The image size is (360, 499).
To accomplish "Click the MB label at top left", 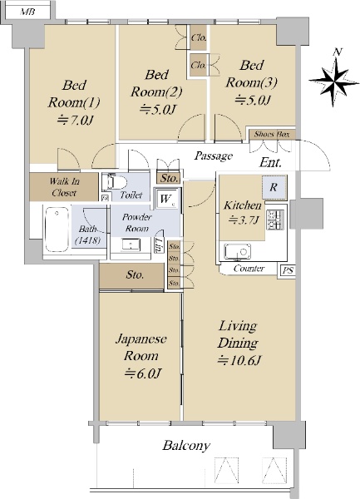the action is pyautogui.click(x=27, y=12).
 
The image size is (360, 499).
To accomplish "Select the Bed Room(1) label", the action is pyautogui.click(x=74, y=93).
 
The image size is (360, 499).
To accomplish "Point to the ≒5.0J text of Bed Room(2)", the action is pyautogui.click(x=158, y=110).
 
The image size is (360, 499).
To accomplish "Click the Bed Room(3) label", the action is pyautogui.click(x=251, y=74).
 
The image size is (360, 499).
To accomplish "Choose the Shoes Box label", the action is pyautogui.click(x=272, y=134).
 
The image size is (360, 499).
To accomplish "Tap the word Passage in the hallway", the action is pyautogui.click(x=214, y=156).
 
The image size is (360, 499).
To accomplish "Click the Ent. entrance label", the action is pyautogui.click(x=271, y=162).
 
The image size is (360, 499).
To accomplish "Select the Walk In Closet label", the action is pyautogui.click(x=64, y=187).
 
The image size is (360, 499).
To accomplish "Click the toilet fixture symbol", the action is pyautogui.click(x=114, y=182).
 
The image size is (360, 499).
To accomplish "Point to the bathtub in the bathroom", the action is pyautogui.click(x=57, y=230).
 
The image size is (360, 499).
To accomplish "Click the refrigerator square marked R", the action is pyautogui.click(x=274, y=187).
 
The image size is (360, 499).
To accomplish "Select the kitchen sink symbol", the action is pyautogui.click(x=237, y=252).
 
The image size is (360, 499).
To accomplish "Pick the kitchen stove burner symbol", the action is pyautogui.click(x=274, y=220).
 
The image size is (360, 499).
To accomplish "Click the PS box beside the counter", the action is pyautogui.click(x=288, y=271).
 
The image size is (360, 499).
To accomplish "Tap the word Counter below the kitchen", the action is pyautogui.click(x=249, y=269).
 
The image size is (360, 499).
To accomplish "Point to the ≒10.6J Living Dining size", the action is pyautogui.click(x=239, y=360).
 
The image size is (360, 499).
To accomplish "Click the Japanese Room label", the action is pyautogui.click(x=141, y=347).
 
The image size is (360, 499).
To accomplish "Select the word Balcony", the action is pyautogui.click(x=186, y=445).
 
